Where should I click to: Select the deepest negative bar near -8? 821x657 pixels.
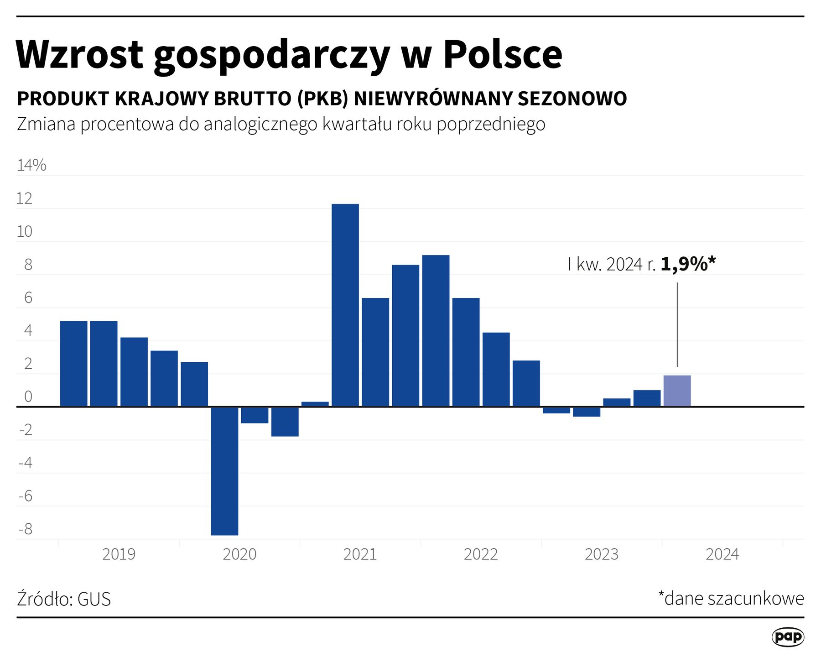click(224, 470)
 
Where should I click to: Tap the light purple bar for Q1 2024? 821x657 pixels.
click(677, 391)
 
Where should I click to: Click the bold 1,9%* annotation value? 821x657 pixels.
click(688, 264)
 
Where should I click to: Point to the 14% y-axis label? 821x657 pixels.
click(31, 165)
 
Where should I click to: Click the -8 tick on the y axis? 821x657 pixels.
click(26, 529)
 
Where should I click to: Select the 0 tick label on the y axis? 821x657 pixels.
click(28, 397)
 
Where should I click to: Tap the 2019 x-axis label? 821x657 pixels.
click(119, 554)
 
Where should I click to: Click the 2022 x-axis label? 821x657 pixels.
click(481, 554)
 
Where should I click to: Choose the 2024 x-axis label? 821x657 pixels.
click(722, 554)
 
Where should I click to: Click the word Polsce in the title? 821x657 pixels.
click(503, 55)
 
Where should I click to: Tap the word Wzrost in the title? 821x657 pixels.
click(80, 55)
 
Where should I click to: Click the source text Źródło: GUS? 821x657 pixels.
click(64, 599)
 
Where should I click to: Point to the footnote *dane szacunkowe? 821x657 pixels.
click(731, 598)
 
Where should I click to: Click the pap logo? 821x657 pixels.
click(788, 637)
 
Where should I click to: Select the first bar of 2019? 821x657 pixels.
click(73, 363)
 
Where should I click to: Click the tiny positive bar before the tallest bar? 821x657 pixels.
click(315, 404)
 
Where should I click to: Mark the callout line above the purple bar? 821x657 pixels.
click(677, 324)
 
